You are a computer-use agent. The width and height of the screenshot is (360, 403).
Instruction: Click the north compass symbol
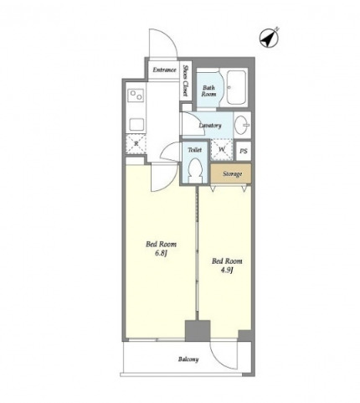tap(270, 39)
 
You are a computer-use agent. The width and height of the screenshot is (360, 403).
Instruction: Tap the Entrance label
tap(164, 70)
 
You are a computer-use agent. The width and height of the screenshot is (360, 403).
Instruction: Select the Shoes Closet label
tap(185, 80)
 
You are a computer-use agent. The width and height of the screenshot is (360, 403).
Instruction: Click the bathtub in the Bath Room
tap(236, 87)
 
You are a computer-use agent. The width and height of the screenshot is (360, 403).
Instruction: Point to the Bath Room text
tap(208, 90)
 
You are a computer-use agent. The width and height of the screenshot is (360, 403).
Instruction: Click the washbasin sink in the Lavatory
tap(242, 125)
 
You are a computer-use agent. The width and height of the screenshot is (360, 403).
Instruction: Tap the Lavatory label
tap(210, 126)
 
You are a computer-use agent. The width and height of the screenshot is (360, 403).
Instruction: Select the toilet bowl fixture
tap(195, 170)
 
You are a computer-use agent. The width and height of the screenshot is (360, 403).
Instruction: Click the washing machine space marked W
tap(222, 150)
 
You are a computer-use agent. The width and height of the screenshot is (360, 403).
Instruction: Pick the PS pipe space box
tap(244, 151)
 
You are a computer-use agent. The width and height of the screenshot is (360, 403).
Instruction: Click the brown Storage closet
tap(231, 173)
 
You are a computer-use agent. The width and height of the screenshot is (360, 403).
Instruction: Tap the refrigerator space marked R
tap(136, 144)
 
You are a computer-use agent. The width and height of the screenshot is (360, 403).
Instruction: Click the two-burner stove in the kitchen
tap(136, 96)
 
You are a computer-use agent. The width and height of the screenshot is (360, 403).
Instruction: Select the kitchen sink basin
tap(136, 124)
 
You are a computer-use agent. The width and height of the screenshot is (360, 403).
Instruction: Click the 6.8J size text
tap(161, 254)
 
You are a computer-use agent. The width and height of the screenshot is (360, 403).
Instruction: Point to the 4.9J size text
tap(227, 271)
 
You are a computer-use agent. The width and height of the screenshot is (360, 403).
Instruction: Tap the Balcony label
tap(188, 359)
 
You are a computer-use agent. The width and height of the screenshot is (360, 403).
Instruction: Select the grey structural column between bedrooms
tap(198, 331)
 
